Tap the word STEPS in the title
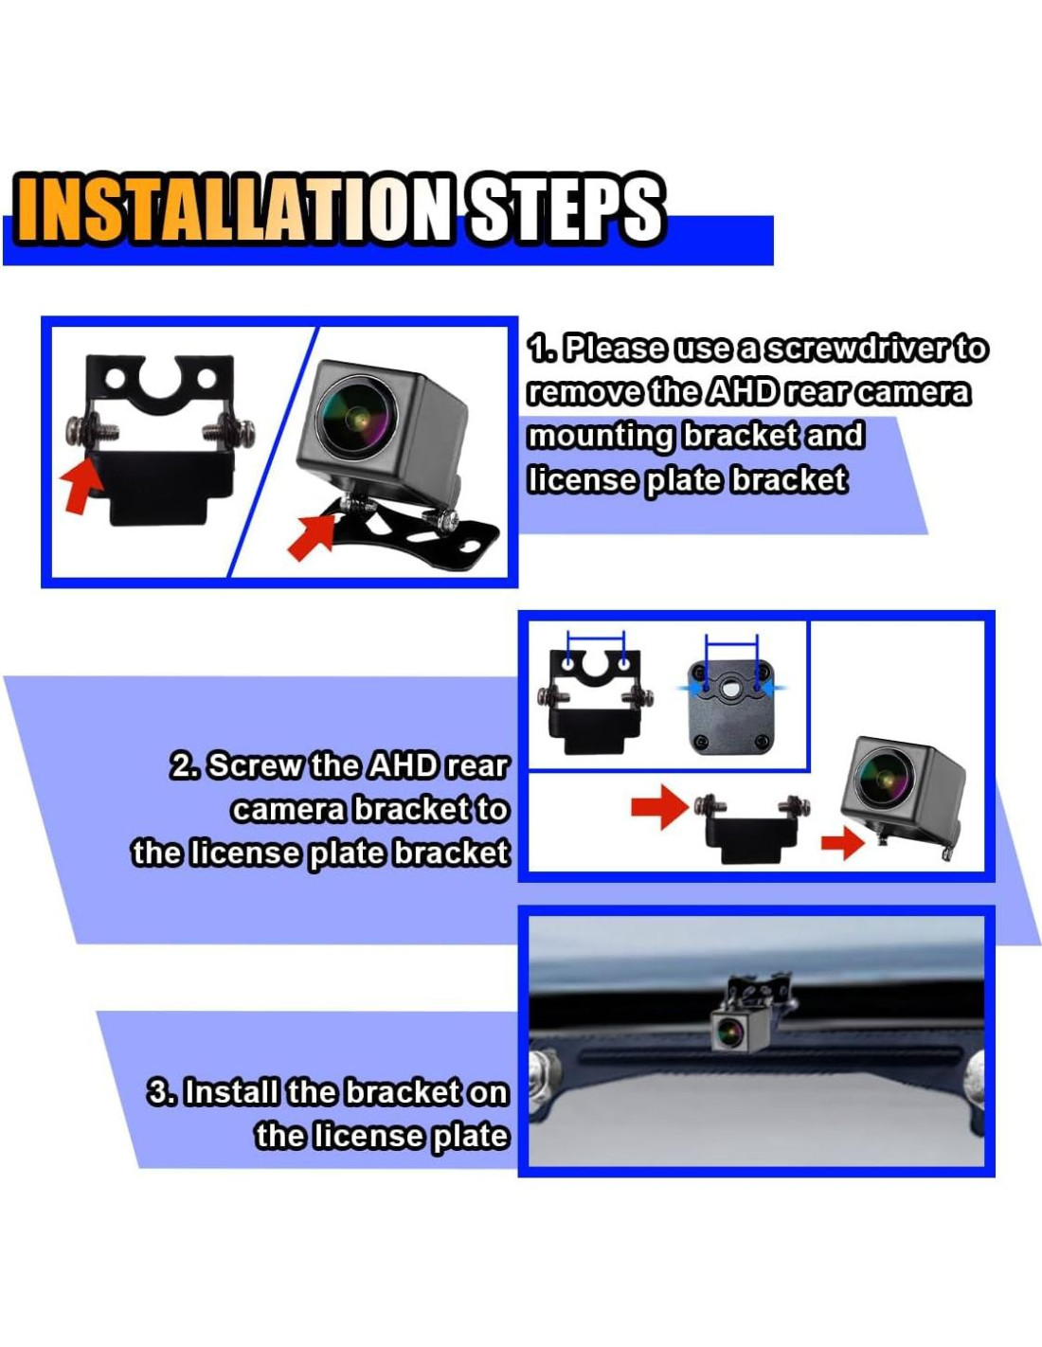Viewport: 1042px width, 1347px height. click(x=565, y=209)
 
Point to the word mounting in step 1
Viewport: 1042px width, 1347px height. click(x=601, y=435)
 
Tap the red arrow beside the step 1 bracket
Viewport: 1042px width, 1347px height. click(x=81, y=483)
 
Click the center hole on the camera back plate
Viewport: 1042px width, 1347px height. click(x=729, y=690)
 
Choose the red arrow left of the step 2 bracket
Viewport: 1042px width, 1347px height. click(x=659, y=807)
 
